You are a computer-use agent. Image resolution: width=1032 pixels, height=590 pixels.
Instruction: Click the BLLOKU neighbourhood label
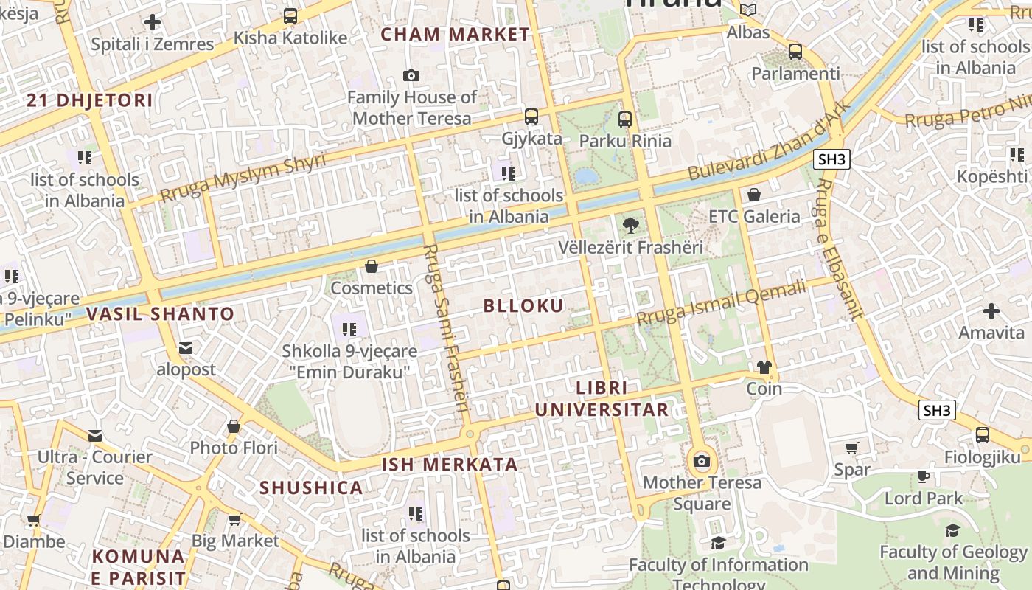coord(523,306)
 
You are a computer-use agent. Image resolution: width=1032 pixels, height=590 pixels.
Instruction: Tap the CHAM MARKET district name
coord(455,35)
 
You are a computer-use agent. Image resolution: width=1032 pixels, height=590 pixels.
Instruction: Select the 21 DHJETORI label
coord(90,101)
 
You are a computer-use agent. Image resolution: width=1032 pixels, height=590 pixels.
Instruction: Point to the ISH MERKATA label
coord(450,465)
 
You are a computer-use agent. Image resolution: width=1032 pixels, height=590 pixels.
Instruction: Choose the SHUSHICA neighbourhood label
coord(311,487)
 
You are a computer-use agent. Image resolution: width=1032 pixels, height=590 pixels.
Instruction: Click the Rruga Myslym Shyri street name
coord(243,178)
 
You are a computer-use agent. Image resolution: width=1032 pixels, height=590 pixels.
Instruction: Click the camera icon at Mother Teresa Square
coord(702,462)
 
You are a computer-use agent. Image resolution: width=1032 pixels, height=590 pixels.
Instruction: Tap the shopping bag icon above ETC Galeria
coord(753,195)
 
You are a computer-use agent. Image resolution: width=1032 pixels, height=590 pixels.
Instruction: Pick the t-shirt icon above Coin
coord(764,367)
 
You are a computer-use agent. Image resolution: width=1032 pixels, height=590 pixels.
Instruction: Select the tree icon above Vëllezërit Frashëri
coord(630,226)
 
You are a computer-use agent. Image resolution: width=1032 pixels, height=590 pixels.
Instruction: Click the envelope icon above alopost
coord(186,348)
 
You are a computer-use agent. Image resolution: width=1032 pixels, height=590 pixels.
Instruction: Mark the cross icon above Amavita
coord(991,311)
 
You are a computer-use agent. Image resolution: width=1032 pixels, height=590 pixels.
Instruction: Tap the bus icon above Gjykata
coord(531,117)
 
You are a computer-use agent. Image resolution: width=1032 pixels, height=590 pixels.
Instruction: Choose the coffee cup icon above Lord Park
coord(923,477)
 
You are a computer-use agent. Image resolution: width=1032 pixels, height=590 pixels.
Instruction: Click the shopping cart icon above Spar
coord(851,448)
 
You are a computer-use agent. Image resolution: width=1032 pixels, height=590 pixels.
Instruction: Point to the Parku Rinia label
coord(625,141)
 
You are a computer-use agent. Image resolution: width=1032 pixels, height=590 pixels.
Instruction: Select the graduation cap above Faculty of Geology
coord(952,530)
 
